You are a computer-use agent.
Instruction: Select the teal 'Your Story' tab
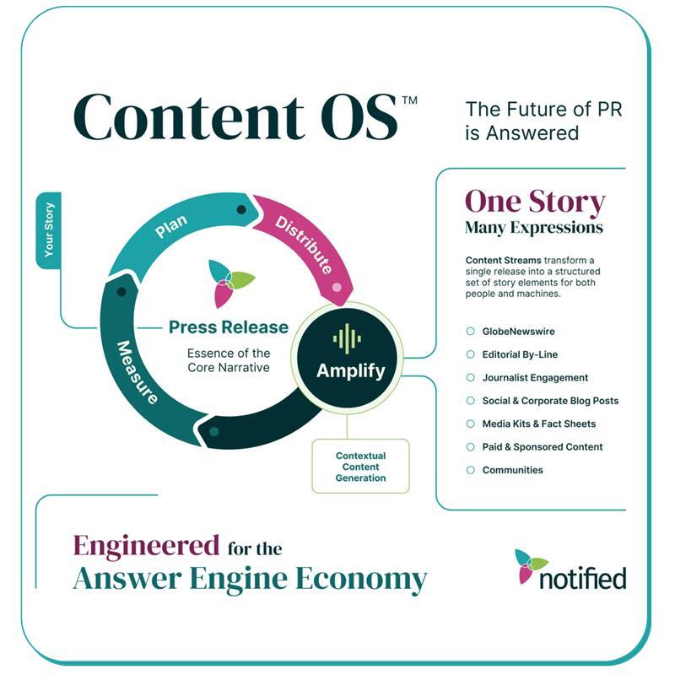pos(49,230)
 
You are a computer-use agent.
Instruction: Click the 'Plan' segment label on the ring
pos(170,228)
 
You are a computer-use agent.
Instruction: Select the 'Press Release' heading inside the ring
pos(228,327)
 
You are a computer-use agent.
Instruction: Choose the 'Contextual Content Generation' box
pos(360,467)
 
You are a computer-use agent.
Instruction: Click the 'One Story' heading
pos(535,202)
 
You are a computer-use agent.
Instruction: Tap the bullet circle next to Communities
pos(470,470)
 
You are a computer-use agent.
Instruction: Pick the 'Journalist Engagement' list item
pos(535,378)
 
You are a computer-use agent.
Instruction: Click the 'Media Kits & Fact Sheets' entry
pos(538,424)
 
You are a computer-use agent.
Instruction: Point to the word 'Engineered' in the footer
pos(146,545)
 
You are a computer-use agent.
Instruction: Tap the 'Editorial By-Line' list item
pos(520,354)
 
